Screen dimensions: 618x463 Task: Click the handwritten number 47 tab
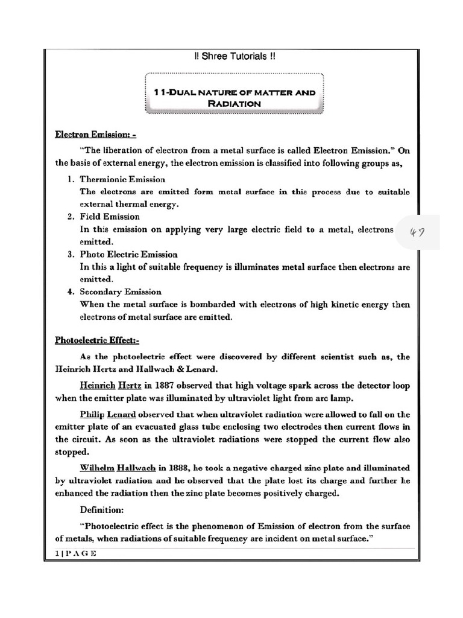[x=417, y=232]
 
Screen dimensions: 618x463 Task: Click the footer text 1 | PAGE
[x=72, y=553]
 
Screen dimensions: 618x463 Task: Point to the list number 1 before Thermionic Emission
[x=70, y=180]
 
